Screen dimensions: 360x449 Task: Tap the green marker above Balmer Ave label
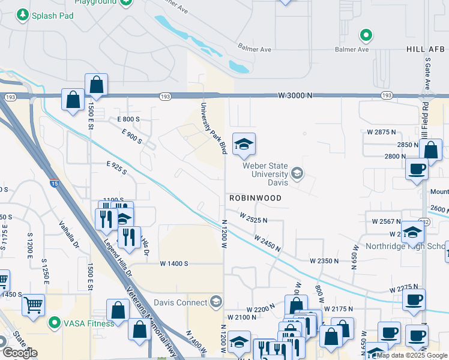pos(366,35)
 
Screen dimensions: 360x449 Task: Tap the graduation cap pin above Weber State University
pos(244,145)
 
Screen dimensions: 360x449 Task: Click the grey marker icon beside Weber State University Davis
pos(297,174)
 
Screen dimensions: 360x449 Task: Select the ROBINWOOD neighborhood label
pos(255,197)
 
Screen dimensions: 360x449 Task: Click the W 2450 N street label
pos(268,243)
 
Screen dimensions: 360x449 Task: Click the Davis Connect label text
pos(180,302)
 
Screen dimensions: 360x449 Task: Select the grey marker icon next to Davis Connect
pos(216,301)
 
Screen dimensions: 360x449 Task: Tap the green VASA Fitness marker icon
pos(54,323)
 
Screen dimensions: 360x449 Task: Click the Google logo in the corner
pos(20,353)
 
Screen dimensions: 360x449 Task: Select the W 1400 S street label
pos(174,263)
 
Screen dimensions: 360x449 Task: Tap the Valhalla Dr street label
pos(67,235)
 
